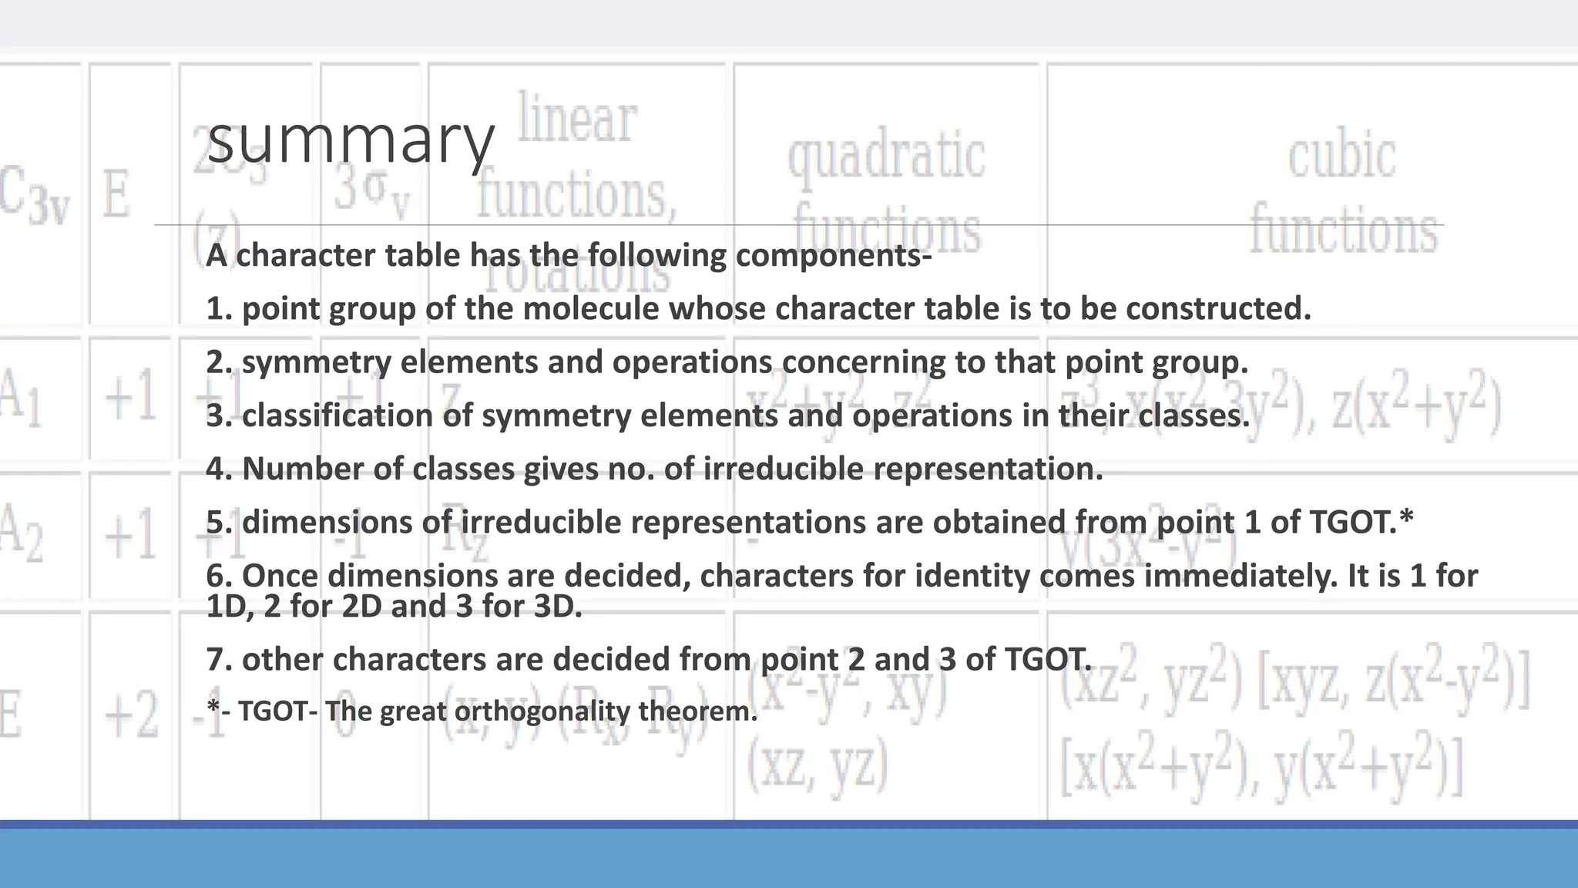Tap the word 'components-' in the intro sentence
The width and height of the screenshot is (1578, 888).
pyautogui.click(x=834, y=256)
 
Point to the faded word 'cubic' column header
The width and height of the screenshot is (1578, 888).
pyautogui.click(x=1341, y=156)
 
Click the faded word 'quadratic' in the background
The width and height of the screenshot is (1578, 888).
pyautogui.click(x=886, y=156)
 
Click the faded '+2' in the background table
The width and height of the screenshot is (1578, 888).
pyautogui.click(x=131, y=715)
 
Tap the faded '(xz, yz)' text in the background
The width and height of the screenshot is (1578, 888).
pyautogui.click(x=818, y=765)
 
